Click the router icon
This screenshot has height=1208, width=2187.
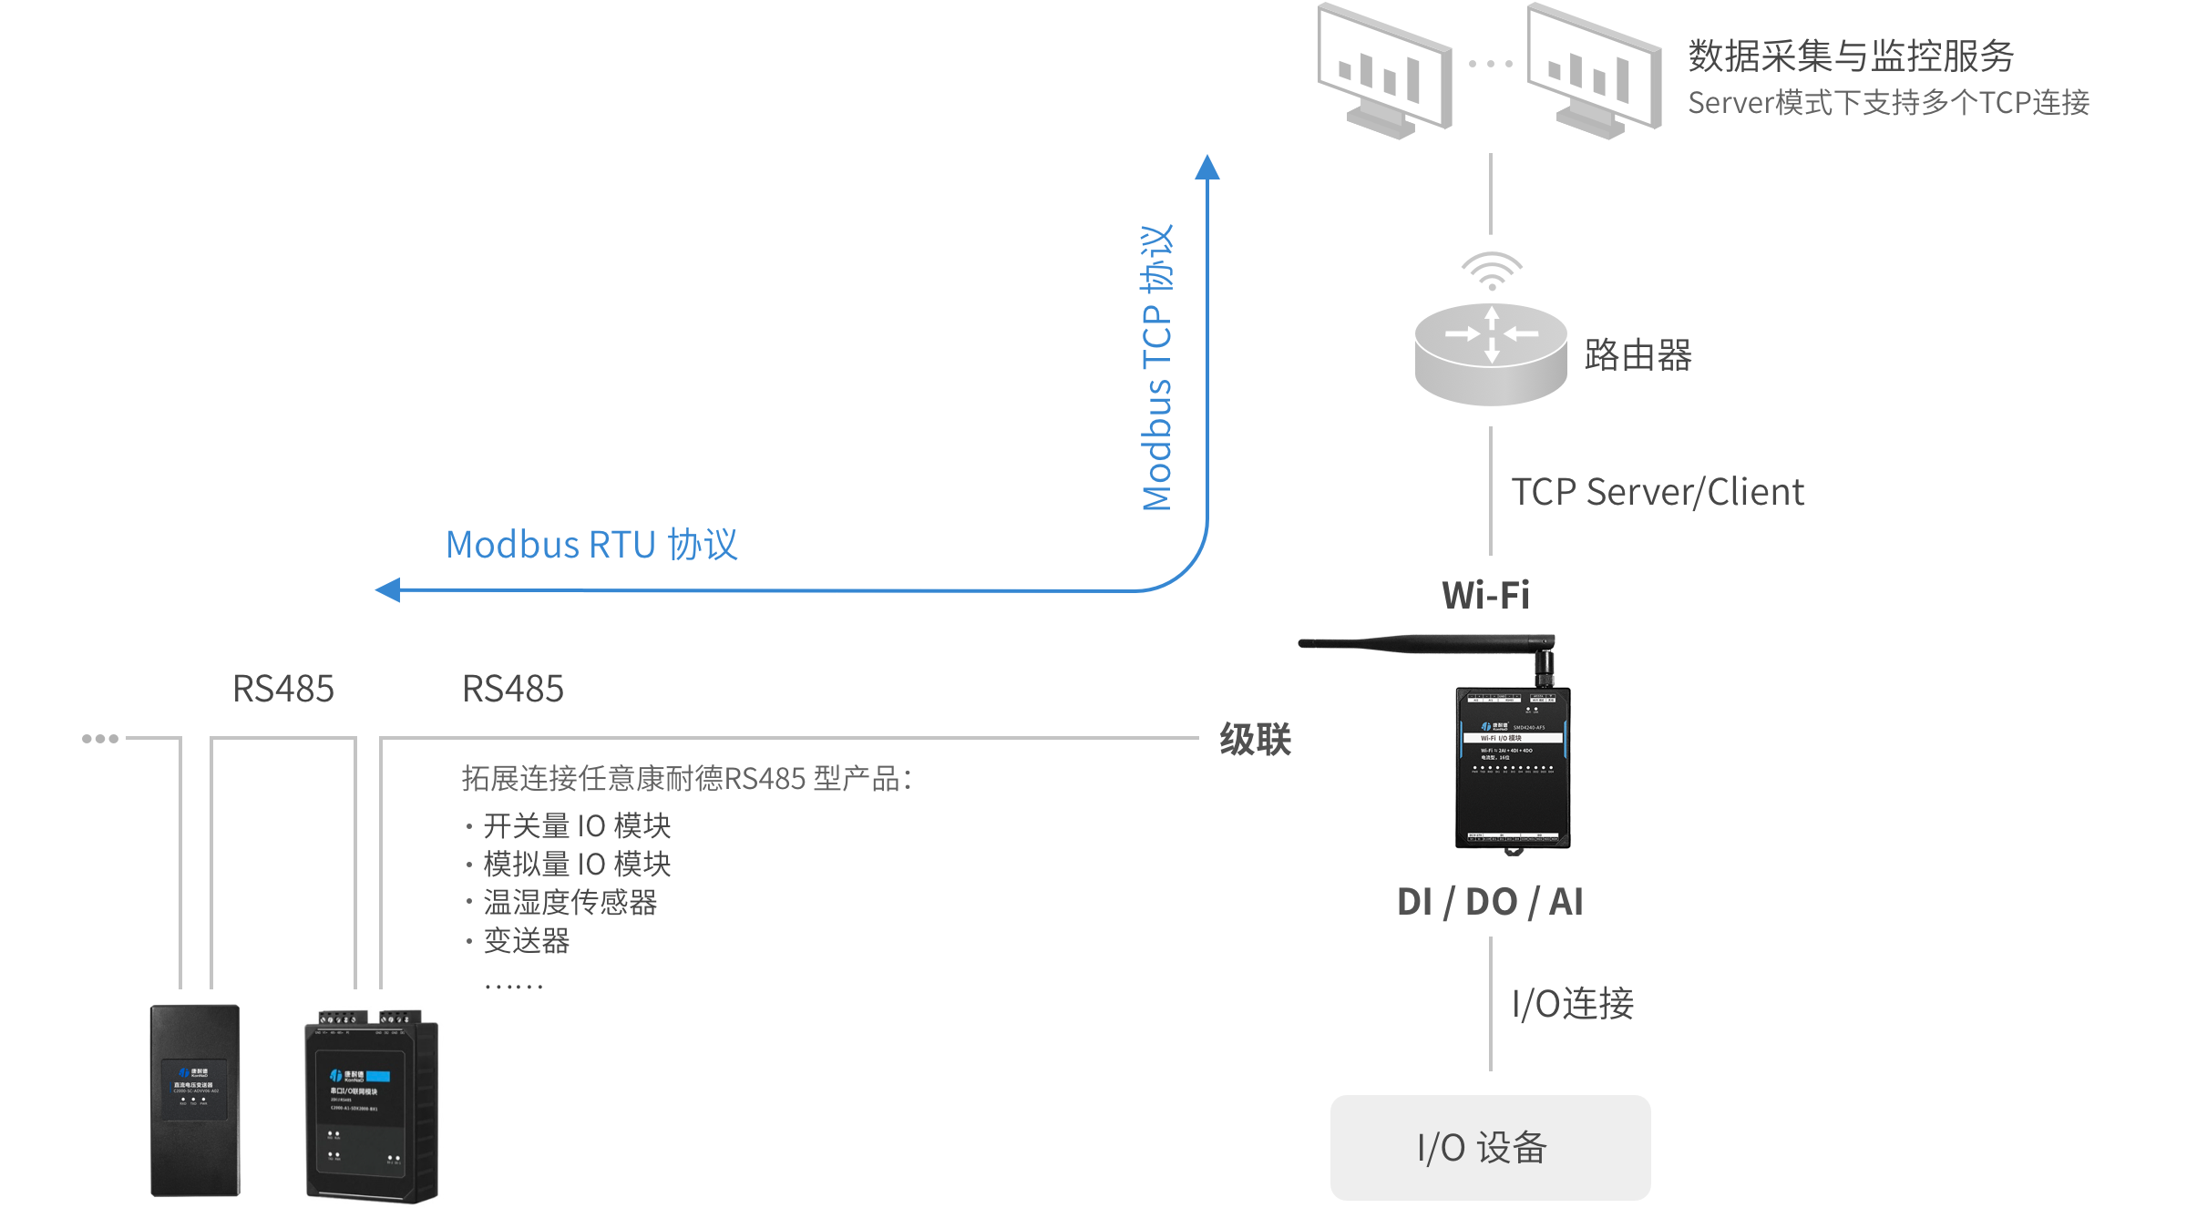pyautogui.click(x=1491, y=355)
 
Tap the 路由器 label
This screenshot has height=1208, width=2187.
pyautogui.click(x=1638, y=355)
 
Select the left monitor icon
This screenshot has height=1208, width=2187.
pyautogui.click(x=1384, y=71)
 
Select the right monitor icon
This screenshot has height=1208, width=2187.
pyautogui.click(x=1594, y=71)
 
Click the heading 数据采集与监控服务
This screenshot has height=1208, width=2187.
pyautogui.click(x=1850, y=56)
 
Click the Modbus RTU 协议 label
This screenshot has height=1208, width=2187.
pyautogui.click(x=591, y=545)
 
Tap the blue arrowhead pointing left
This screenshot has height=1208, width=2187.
pyautogui.click(x=389, y=590)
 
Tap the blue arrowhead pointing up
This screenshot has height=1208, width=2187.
pyautogui.click(x=1207, y=168)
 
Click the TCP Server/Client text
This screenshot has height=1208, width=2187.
pyautogui.click(x=1658, y=492)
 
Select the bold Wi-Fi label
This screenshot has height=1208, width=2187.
pyautogui.click(x=1485, y=596)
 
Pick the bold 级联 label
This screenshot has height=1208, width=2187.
pyautogui.click(x=1256, y=740)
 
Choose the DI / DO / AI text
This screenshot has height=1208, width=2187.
pyautogui.click(x=1490, y=902)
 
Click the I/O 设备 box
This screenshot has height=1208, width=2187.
pyautogui.click(x=1490, y=1148)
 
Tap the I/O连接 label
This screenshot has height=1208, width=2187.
pyautogui.click(x=1573, y=1004)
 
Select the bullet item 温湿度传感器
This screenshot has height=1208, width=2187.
pyautogui.click(x=570, y=903)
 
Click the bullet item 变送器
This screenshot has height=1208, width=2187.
pyautogui.click(x=527, y=941)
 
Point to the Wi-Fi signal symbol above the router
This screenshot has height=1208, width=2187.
pyautogui.click(x=1492, y=271)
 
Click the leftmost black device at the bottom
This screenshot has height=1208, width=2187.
pyautogui.click(x=195, y=1101)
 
